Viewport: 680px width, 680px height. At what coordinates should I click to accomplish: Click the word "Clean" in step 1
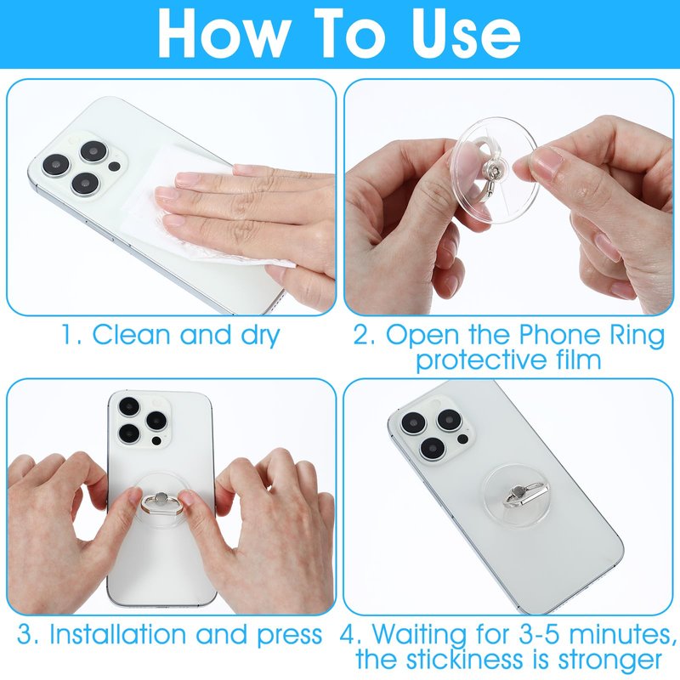pos(132,335)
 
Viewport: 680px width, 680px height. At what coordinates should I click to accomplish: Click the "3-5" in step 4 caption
pos(541,635)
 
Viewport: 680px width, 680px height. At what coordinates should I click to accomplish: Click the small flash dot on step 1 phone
pos(115,166)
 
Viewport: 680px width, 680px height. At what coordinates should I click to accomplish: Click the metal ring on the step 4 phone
pos(525,494)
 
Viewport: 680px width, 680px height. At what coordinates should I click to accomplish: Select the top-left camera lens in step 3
pos(129,406)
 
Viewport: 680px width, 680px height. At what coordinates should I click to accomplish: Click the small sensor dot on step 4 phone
pos(462,439)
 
